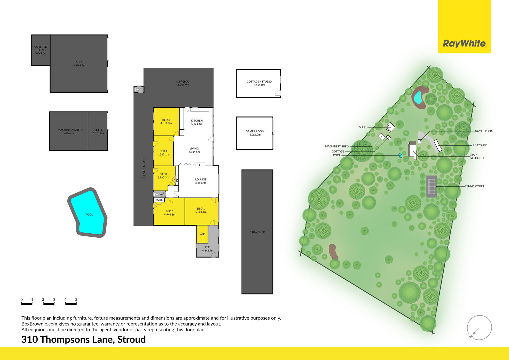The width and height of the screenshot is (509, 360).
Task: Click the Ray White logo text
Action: pyautogui.click(x=464, y=43)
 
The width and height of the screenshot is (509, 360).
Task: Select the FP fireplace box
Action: pyautogui.click(x=201, y=165)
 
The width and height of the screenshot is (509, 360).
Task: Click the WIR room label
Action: pyautogui.click(x=202, y=234)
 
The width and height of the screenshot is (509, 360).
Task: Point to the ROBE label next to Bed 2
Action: pyautogui.click(x=159, y=200)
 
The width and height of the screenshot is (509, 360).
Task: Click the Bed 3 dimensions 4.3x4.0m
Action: pyautogui.click(x=166, y=123)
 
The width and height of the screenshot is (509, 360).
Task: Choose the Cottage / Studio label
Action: pyautogui.click(x=259, y=82)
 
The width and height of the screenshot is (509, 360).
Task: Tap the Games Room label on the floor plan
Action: pyautogui.click(x=255, y=131)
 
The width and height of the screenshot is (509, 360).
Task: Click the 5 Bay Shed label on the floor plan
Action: pyautogui.click(x=257, y=232)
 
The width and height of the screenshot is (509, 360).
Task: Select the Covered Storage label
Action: pyautogui.click(x=41, y=48)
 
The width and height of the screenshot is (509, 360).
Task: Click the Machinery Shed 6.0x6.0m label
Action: pyautogui.click(x=70, y=132)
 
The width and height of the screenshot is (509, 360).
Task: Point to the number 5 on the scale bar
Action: pyautogui.click(x=76, y=300)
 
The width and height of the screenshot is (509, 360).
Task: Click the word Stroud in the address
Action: pyautogui.click(x=131, y=340)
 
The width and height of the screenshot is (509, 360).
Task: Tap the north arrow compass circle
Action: pyautogui.click(x=479, y=327)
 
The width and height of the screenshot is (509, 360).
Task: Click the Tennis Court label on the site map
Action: pyautogui.click(x=474, y=186)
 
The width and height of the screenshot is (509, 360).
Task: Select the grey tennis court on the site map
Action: pyautogui.click(x=432, y=186)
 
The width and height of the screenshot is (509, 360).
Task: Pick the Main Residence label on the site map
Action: pyautogui.click(x=477, y=156)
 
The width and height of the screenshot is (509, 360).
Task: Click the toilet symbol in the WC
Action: pyautogui.click(x=156, y=194)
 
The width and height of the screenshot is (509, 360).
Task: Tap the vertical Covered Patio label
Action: pyautogui.click(x=144, y=167)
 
